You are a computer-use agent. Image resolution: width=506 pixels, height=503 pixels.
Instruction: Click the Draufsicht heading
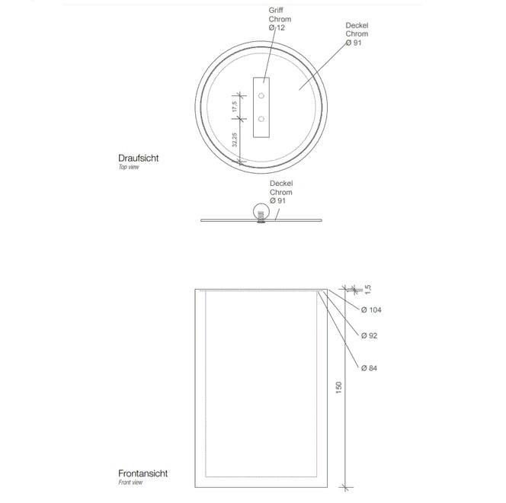(139, 158)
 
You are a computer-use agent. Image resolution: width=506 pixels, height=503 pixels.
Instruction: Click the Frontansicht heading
(143, 473)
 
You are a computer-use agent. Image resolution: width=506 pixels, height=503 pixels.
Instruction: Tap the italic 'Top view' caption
(129, 167)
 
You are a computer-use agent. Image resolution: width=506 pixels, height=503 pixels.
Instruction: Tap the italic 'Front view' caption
(130, 482)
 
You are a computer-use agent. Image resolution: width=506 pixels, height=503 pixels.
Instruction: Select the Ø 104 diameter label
(371, 309)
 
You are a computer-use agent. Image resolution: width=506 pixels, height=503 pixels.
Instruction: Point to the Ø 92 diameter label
(369, 335)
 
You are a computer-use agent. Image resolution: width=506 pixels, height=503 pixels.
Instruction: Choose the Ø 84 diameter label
(369, 368)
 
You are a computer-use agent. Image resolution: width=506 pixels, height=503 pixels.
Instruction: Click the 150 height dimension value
(338, 387)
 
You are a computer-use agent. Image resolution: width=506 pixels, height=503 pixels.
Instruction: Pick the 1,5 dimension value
(368, 289)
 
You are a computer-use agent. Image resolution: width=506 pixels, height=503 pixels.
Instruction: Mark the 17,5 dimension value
(235, 107)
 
